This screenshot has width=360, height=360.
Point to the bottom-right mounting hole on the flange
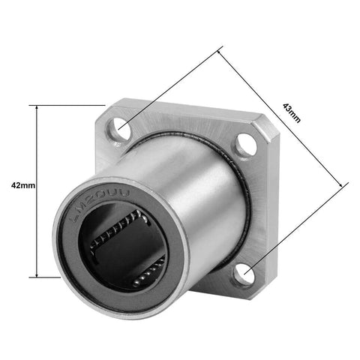(x=244, y=274)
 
